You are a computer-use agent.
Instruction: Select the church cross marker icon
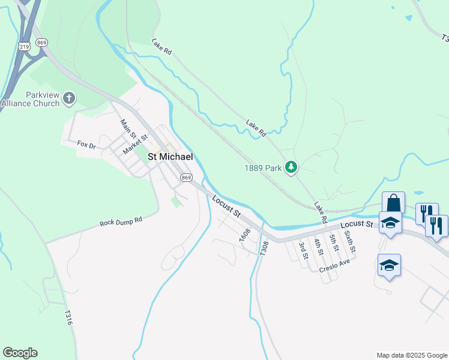(69, 98)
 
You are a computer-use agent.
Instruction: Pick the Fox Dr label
(86, 144)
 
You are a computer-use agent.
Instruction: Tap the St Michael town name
(170, 157)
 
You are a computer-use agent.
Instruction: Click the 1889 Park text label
(263, 169)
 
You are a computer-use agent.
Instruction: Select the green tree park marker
(291, 167)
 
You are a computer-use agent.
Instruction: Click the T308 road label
(264, 248)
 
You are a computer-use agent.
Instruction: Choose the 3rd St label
(304, 249)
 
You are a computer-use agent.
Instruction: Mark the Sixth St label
(351, 241)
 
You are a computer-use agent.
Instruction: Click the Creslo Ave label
(334, 266)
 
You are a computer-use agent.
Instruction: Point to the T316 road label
(68, 317)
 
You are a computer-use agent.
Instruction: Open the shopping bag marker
(393, 203)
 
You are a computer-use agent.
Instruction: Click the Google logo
(20, 353)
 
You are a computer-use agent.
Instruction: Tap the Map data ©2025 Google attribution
(411, 355)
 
